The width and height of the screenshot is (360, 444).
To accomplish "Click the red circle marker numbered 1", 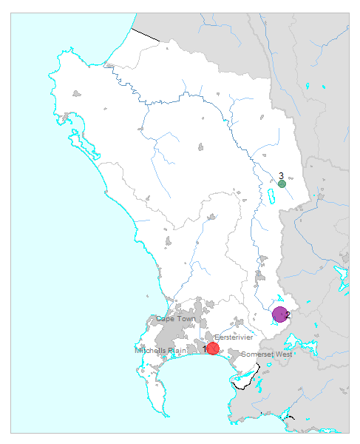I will pos(213,348).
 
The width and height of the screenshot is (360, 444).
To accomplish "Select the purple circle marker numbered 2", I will pos(279,314).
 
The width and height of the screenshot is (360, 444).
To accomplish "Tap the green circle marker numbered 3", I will pos(282,184).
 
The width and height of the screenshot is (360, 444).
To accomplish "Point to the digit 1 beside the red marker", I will pos(205,348).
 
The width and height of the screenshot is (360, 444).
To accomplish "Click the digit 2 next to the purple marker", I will pos(288,314).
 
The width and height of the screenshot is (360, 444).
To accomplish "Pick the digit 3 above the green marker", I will pos(282,175).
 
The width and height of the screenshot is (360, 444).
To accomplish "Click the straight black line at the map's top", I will pos(146,33).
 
